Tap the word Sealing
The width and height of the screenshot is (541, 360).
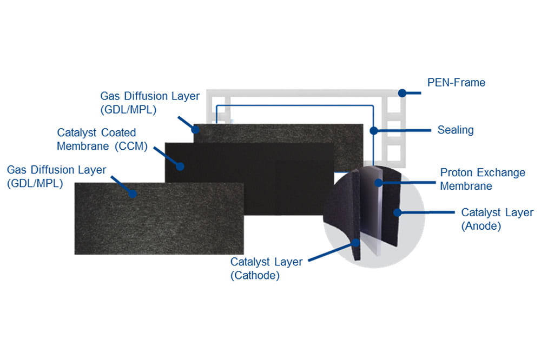coord(455,130)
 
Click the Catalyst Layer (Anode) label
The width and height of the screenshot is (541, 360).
coord(496,219)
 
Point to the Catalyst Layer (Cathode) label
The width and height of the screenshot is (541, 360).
coord(267,268)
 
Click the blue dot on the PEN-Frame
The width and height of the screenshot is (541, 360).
coord(402,93)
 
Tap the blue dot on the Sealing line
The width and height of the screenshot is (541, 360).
coord(373,130)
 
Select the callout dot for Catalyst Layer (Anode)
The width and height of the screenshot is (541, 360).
coord(398,212)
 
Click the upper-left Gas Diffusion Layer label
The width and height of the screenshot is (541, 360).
coord(150,102)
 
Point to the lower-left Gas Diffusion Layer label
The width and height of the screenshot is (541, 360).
coord(56,176)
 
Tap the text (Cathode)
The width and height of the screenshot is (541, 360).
coord(255,275)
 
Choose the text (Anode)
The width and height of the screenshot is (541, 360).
coord(481,226)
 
